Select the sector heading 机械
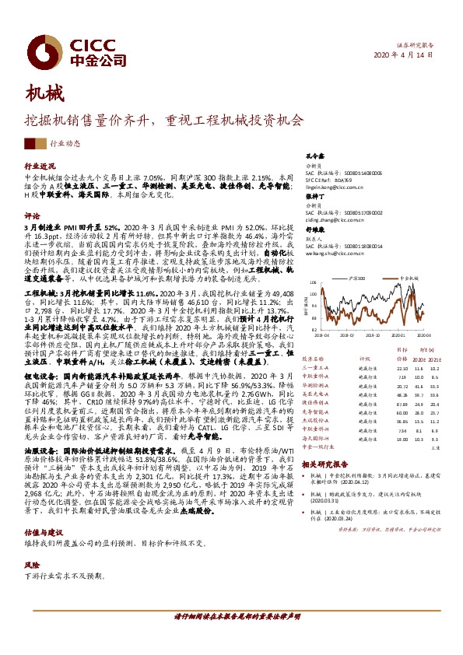point(41,96)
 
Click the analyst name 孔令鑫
point(313,156)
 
